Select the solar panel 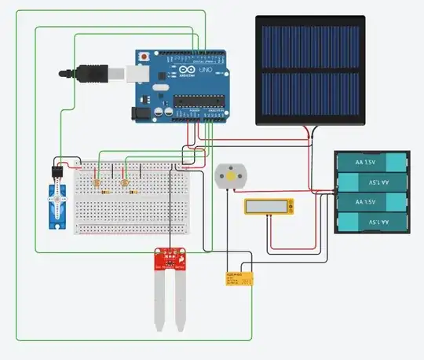tap(309, 70)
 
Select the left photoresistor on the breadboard tap(97, 183)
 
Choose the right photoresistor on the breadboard tap(126, 183)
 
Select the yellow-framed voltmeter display tap(269, 207)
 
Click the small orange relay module tap(239, 277)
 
